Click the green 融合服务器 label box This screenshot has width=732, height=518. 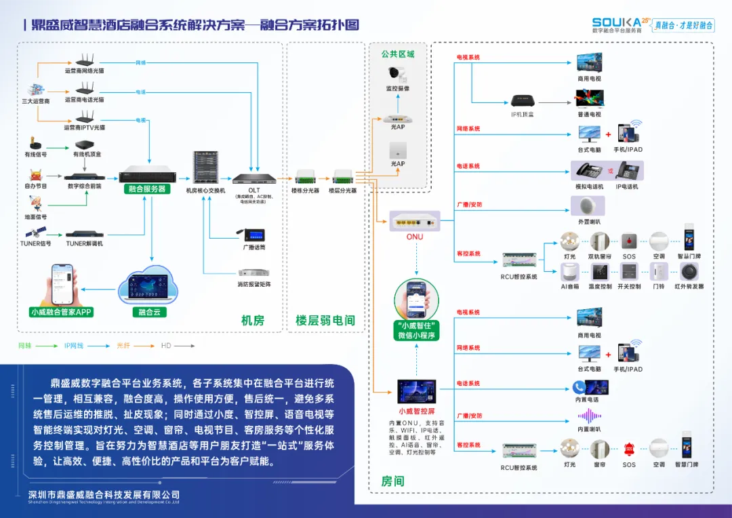tap(147, 189)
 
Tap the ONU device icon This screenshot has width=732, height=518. tap(415, 220)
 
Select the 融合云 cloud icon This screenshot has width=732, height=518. tap(148, 290)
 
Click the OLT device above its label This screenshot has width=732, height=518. tap(254, 179)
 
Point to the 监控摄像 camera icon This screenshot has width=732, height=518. tap(397, 74)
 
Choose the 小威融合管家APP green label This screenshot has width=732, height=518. tap(61, 313)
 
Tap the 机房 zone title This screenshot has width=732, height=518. tap(253, 321)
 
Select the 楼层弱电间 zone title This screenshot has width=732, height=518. tap(325, 321)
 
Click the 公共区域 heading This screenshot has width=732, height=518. tap(398, 54)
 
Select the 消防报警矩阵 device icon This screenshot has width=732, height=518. tap(254, 271)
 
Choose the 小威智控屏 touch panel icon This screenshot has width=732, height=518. tap(417, 392)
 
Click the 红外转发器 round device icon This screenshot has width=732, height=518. tap(689, 272)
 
